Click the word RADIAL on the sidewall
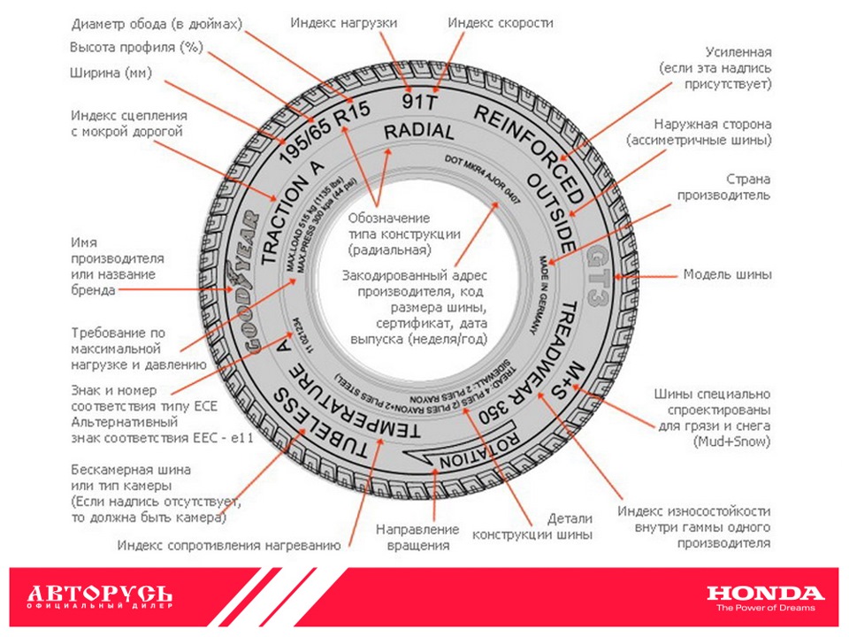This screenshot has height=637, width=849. tap(418, 132)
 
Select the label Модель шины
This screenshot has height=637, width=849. tap(727, 274)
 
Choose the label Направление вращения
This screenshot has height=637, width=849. tap(417, 537)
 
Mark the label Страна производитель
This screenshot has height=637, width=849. tap(723, 187)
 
